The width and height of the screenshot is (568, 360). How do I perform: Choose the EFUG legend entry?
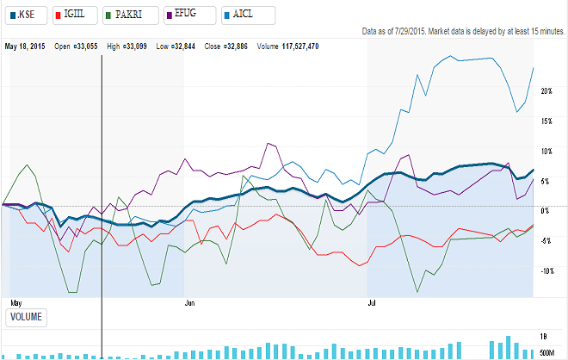(192, 14)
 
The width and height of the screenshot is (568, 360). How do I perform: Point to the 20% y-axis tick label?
(546, 90)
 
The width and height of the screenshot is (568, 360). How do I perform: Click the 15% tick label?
(546, 121)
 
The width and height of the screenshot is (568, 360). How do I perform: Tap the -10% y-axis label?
(546, 270)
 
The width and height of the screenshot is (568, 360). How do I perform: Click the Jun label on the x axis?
(190, 303)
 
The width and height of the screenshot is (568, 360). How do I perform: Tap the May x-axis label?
(14, 303)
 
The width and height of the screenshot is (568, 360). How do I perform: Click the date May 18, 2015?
(24, 46)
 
